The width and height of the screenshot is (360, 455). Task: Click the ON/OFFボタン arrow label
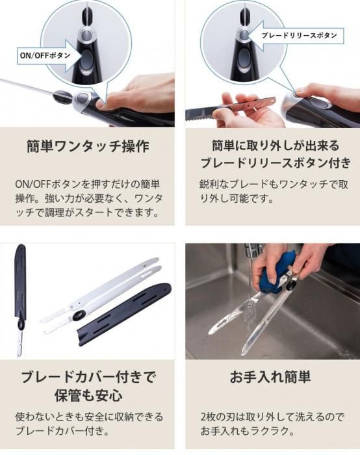point(46,55)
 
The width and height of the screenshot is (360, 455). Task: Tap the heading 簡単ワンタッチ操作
point(88,146)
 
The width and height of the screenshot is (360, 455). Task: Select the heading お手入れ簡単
point(270,377)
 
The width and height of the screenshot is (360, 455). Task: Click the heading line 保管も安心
point(88,395)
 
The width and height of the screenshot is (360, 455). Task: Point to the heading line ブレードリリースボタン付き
point(276,162)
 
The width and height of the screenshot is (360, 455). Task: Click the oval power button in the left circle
point(86,60)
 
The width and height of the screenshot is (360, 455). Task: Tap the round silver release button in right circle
point(244,35)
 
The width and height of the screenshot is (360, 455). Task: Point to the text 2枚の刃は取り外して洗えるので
point(272,417)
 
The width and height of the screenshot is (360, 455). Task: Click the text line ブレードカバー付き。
point(62,430)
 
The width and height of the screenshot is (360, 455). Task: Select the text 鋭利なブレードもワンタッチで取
point(274,184)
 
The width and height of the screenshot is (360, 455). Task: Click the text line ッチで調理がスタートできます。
point(88,213)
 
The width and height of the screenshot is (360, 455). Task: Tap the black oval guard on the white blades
point(79,315)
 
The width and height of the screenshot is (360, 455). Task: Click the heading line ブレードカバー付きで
point(88,377)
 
